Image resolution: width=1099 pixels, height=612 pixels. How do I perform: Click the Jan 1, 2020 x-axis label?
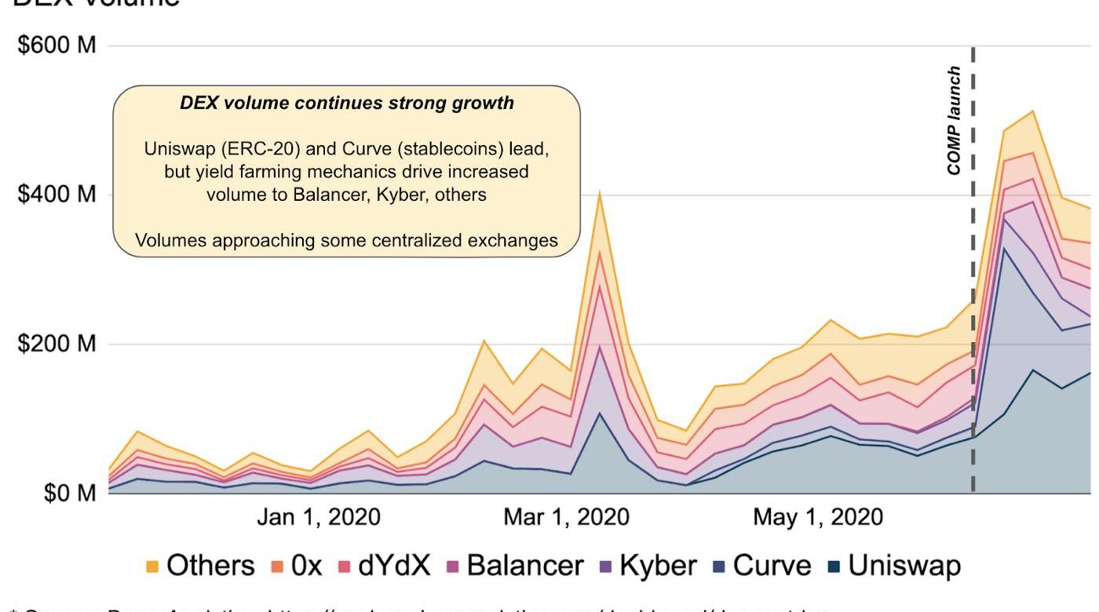[319, 518]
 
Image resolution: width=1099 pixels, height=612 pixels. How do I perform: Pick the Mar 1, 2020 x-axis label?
[567, 518]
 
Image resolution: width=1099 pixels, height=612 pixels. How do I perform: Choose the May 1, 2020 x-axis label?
[817, 518]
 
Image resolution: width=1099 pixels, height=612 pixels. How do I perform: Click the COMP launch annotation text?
[954, 120]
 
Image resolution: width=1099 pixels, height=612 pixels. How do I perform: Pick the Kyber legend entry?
[658, 566]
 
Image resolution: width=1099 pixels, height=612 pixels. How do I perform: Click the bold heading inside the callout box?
[346, 103]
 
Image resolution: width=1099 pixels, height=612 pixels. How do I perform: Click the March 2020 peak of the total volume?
[600, 191]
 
